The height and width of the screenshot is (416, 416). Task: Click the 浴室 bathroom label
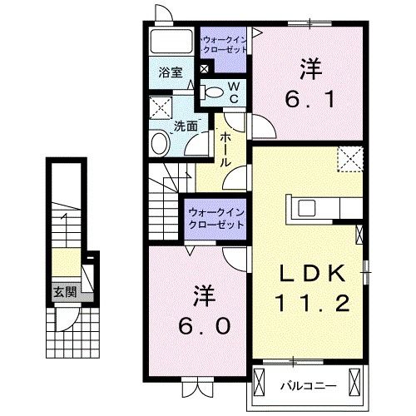(171, 72)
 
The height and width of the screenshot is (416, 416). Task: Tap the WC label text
(234, 92)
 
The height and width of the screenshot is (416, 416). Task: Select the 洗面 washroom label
(186, 126)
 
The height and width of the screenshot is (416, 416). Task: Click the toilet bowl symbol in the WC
(214, 92)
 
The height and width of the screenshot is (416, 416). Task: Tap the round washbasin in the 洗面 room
(160, 144)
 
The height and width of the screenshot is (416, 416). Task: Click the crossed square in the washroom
(160, 107)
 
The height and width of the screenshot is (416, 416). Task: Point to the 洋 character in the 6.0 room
(201, 294)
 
